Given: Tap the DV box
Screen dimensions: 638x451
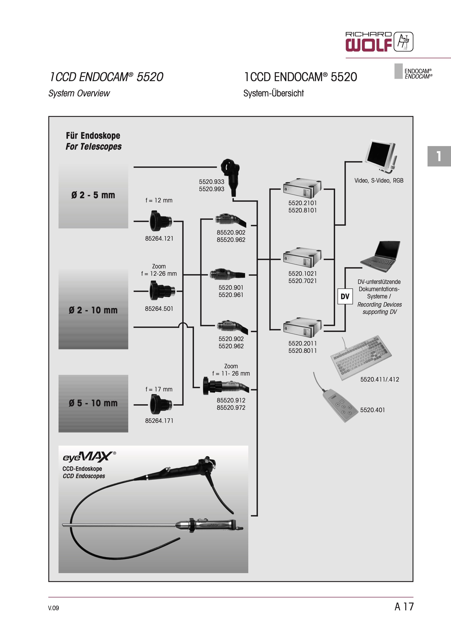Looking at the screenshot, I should (x=345, y=296).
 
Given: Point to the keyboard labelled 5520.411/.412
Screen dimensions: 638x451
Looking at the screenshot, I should (x=360, y=357).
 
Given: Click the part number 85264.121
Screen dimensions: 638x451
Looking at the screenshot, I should (x=159, y=238).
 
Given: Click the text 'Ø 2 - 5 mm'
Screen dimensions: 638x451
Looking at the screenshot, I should (x=93, y=195).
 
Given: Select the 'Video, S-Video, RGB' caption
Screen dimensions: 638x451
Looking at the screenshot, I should (x=379, y=181).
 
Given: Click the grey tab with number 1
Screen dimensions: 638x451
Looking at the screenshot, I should (x=439, y=156).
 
